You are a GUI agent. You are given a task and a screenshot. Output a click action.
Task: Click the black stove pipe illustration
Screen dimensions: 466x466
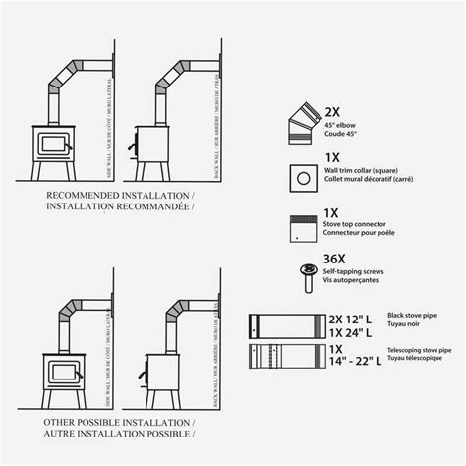point(279,325)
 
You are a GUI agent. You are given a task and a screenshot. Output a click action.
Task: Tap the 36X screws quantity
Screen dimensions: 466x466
point(338,259)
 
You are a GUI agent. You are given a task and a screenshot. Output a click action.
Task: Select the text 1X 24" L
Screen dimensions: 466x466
point(344,332)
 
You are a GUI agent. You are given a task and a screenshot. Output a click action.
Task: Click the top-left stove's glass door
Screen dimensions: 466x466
point(51,145)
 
